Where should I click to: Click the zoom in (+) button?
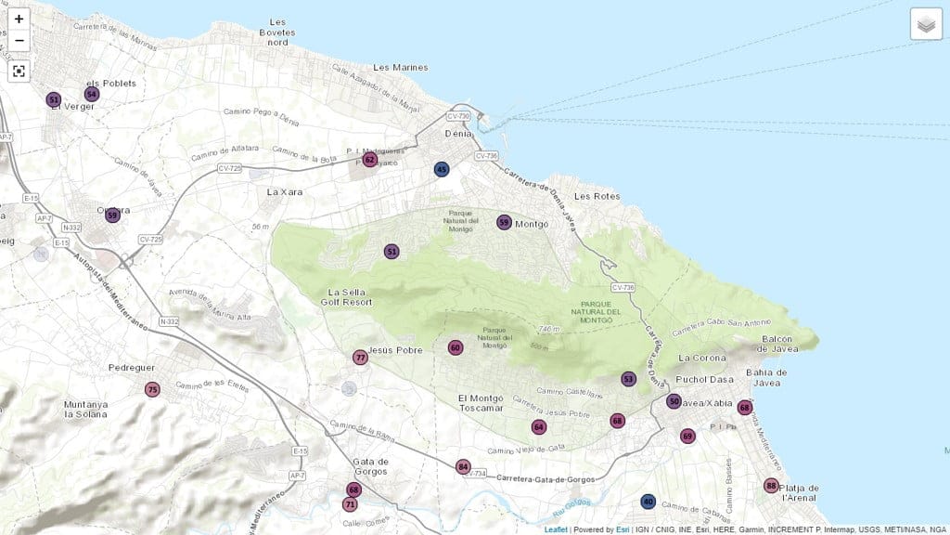pos(19,19)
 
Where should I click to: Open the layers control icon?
pos(926,24)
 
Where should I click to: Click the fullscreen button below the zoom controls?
pos(19,71)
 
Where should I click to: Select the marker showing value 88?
pos(771,486)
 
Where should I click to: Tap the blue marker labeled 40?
pos(648,502)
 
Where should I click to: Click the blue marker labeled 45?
pos(442,169)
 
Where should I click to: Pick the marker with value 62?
pos(369,160)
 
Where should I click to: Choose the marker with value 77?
pos(360,357)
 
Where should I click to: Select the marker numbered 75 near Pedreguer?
pos(152,389)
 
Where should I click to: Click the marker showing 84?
pos(463,466)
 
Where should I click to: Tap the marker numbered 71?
pos(349,504)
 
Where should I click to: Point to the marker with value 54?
pos(91,94)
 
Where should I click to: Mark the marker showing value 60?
pos(455,347)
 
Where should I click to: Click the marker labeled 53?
pos(628,379)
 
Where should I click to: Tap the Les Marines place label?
pos(400,68)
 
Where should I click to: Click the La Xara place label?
pos(285,191)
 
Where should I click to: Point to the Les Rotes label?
pos(596,196)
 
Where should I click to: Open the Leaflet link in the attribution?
pos(556,529)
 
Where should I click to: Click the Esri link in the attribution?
pos(622,529)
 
